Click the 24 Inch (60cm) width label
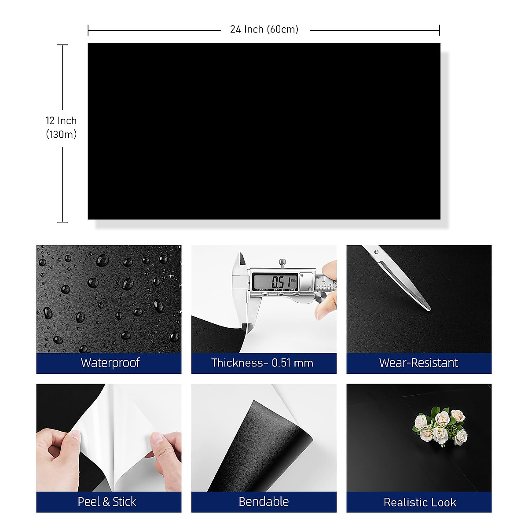(x=264, y=29)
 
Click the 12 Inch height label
(x=61, y=121)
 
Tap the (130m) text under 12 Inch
(x=61, y=135)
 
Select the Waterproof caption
(x=110, y=363)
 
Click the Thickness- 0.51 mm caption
(x=262, y=363)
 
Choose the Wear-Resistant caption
(x=418, y=363)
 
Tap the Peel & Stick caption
(x=107, y=502)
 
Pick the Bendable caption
(x=264, y=502)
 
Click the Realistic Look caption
(x=420, y=502)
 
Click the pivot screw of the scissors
(x=377, y=252)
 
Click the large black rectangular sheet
(x=264, y=131)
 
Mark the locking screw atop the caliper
(x=281, y=263)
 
